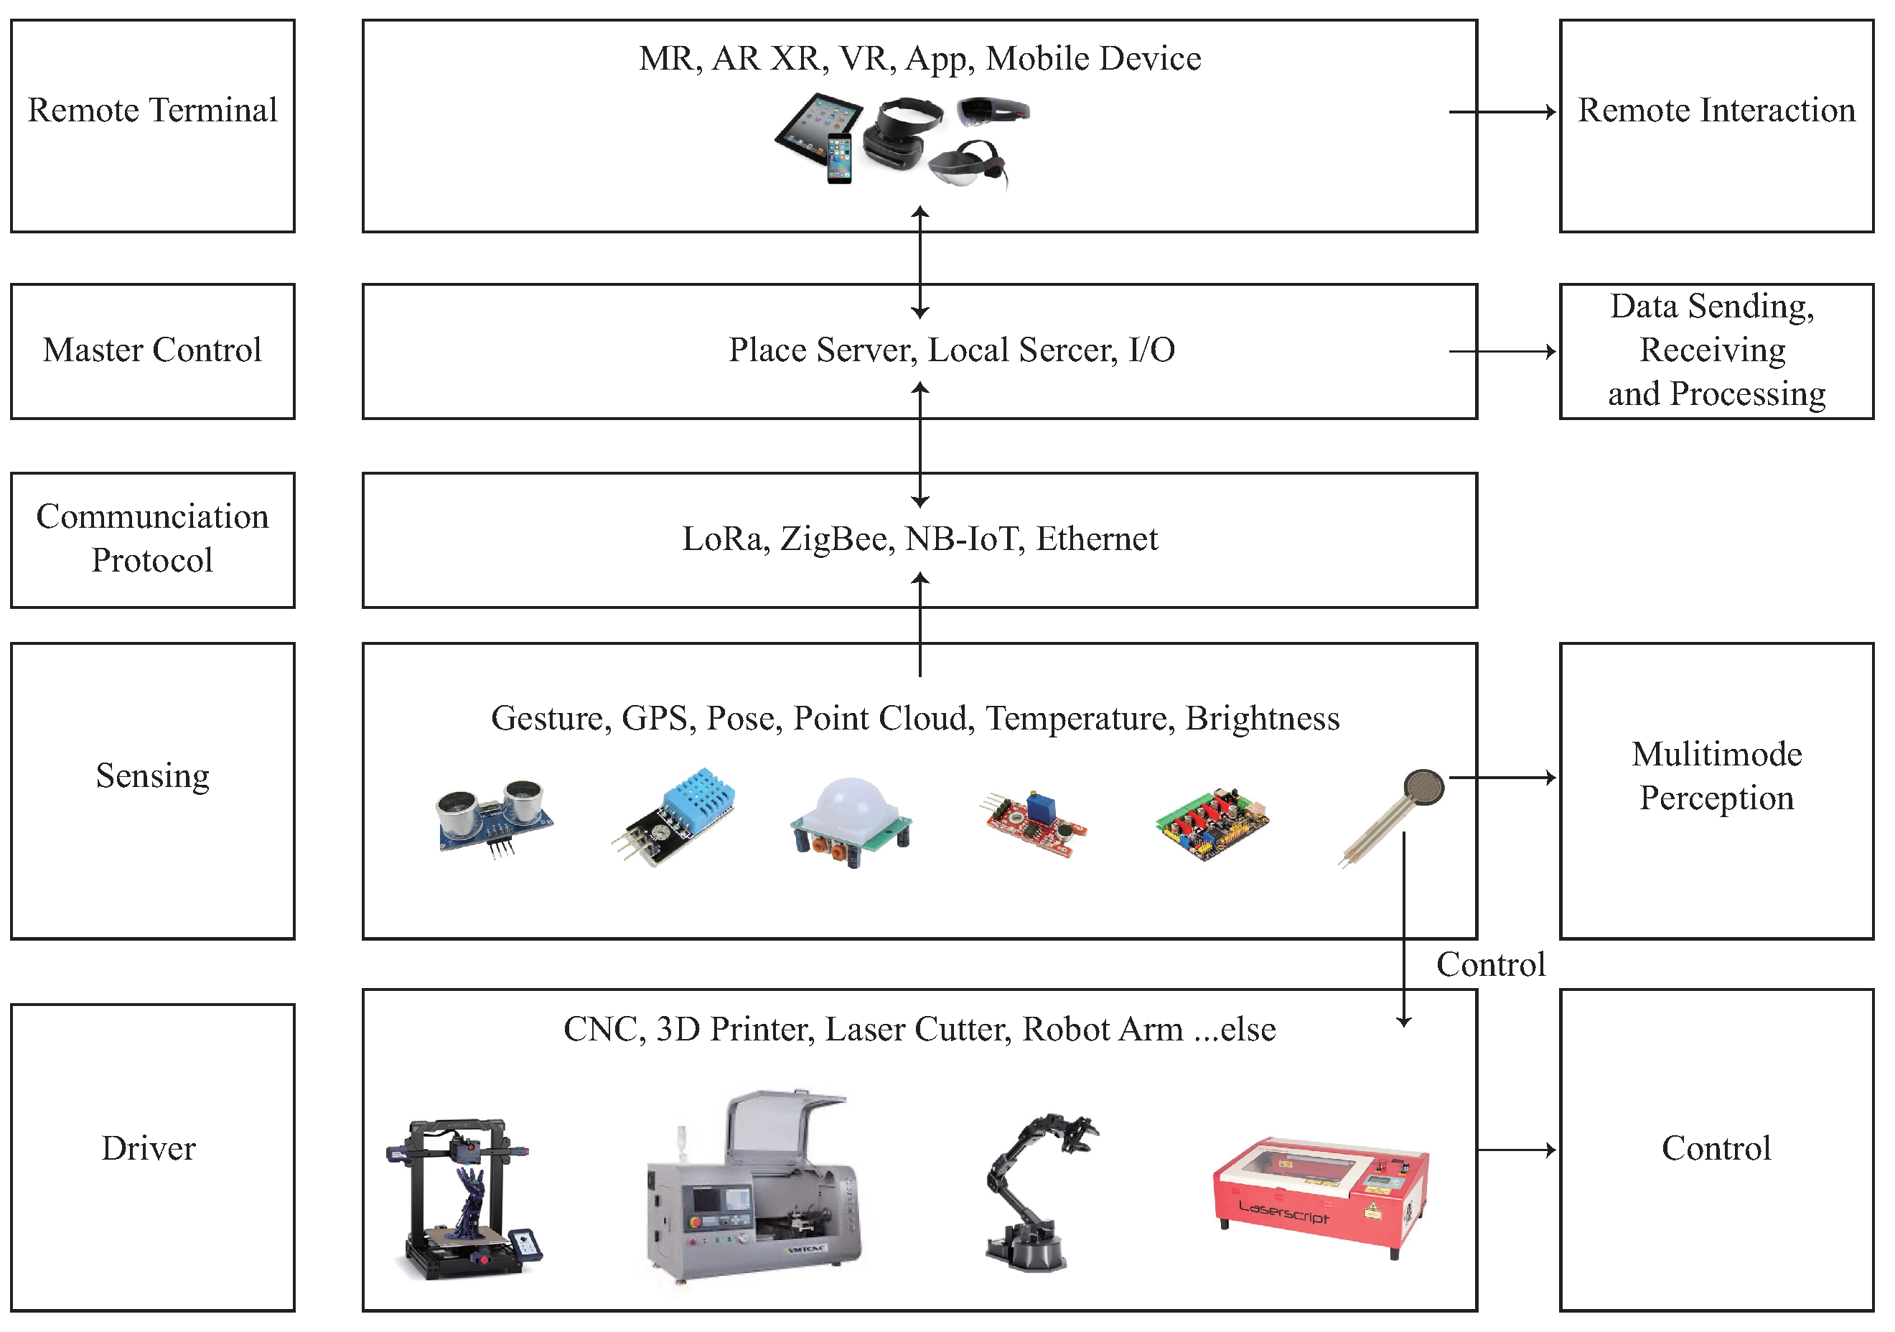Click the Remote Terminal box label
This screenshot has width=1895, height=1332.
coord(152,110)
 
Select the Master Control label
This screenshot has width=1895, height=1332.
coord(152,350)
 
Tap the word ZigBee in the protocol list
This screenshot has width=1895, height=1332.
coord(837,539)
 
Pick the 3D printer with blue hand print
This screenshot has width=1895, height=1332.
coord(462,1198)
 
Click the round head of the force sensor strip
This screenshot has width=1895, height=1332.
coord(1423,786)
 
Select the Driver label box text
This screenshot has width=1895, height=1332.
coord(149,1149)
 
